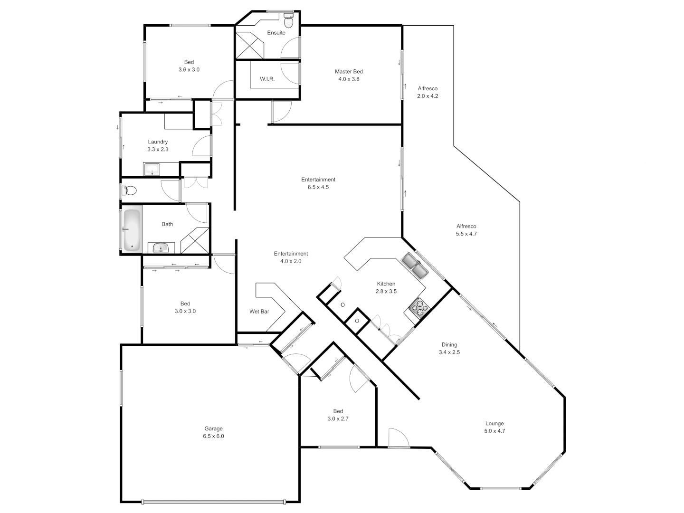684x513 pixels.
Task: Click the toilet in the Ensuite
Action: click(288, 20)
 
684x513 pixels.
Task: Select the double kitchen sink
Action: click(415, 266)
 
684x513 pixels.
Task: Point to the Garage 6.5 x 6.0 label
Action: click(213, 432)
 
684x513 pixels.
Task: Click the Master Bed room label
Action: click(349, 75)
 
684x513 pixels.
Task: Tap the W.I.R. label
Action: click(267, 79)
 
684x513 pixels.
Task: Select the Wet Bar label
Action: click(259, 312)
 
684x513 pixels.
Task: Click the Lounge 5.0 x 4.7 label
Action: click(494, 427)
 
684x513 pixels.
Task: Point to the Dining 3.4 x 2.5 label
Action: click(449, 348)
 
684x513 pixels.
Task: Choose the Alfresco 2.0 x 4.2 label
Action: click(427, 92)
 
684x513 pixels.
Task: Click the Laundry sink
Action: click(152, 169)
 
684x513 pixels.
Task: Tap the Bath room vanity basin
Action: click(161, 248)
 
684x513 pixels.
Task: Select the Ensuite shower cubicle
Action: click(250, 45)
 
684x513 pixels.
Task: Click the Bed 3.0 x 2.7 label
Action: click(338, 415)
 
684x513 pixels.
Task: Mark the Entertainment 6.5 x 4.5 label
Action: click(318, 183)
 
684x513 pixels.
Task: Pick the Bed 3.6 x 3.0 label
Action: click(189, 66)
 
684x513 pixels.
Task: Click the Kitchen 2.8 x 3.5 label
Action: click(386, 287)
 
